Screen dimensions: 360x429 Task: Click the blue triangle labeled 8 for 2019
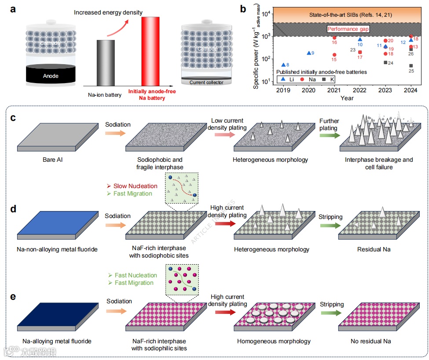[x=283, y=65]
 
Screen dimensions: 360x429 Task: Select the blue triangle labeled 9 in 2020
[x=308, y=53]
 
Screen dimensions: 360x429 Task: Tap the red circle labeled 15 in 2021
[x=334, y=55]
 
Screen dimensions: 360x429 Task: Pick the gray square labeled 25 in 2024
[x=411, y=65]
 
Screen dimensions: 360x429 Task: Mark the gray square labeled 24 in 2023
[x=385, y=62]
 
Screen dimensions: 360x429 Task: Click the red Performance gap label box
[x=347, y=29]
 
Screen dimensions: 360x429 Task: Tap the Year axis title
[x=347, y=98]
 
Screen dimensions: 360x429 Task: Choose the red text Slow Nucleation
[x=135, y=186]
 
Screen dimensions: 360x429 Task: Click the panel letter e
[x=13, y=297]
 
